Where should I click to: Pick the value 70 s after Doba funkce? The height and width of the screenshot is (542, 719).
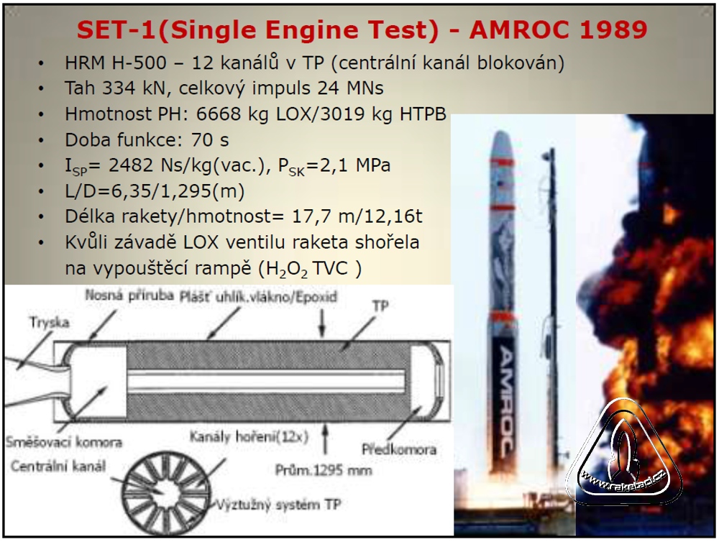(210, 139)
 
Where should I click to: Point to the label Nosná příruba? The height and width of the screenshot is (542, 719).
(129, 295)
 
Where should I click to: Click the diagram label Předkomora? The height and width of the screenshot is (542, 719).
(399, 449)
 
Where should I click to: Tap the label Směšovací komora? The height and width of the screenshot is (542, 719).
(64, 443)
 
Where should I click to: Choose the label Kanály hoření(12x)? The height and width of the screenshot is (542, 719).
(249, 436)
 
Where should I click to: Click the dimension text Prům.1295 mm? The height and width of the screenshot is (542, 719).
(324, 470)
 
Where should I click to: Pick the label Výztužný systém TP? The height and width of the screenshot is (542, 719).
(278, 505)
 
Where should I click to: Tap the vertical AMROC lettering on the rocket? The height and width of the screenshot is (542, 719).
(505, 401)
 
